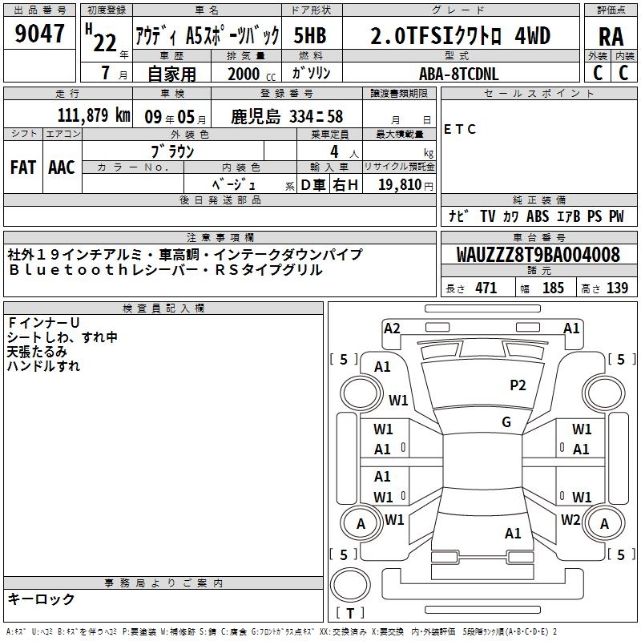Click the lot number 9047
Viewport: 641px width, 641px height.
[39, 34]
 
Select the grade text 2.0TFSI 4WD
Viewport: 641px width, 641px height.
[460, 36]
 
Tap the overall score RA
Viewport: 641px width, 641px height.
[611, 37]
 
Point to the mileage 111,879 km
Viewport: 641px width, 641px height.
[94, 115]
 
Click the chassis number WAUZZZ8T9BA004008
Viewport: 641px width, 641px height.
[538, 255]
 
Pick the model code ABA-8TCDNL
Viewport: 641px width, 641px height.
[458, 74]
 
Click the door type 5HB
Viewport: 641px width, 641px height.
[310, 35]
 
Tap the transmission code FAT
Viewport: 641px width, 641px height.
[23, 167]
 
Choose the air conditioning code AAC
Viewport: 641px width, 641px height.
[62, 167]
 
